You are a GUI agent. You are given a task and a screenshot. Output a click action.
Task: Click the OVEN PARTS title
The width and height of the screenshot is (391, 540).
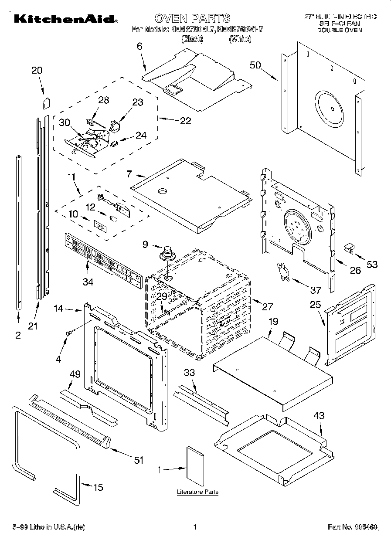coord(192,18)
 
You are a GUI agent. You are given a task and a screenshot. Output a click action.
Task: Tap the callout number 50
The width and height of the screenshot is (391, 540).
coord(255,65)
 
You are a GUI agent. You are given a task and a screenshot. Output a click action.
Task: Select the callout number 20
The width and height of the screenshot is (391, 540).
coord(37,71)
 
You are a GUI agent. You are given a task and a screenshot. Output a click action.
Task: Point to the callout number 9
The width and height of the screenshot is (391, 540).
coord(146,245)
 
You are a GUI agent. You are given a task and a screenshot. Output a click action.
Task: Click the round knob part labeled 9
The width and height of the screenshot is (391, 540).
coord(167,253)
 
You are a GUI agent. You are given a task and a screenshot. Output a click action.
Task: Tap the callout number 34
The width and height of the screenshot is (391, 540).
coord(88,282)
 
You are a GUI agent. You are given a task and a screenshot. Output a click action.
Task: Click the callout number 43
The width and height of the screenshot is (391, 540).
coord(319,416)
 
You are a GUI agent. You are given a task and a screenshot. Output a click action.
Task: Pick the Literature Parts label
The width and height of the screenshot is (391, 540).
coord(197,492)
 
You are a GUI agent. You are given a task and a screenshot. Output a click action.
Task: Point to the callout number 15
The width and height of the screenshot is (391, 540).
coord(99,487)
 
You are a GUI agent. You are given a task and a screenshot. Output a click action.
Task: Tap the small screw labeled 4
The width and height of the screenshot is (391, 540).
coord(68,333)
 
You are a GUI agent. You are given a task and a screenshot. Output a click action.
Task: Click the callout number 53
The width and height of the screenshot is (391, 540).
coord(372,265)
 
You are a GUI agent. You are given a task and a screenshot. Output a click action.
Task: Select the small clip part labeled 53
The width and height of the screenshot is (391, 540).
coord(348,248)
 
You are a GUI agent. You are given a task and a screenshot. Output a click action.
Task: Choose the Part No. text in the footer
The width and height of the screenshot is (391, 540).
coord(352,527)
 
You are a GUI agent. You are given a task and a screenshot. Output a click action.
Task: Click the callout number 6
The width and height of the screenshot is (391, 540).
coord(139,46)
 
